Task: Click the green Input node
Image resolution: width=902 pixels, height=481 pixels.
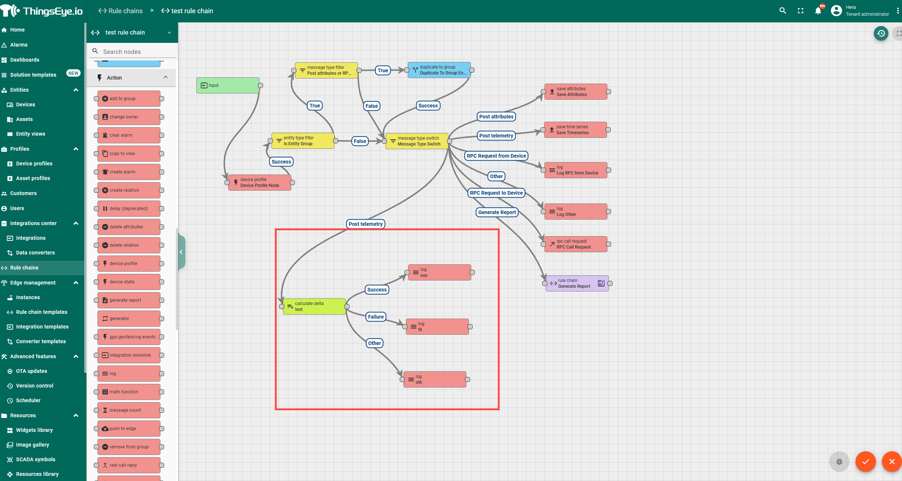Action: click(x=228, y=85)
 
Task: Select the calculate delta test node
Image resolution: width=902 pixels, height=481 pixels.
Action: click(x=314, y=306)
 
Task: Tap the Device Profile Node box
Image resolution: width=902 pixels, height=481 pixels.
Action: click(x=259, y=183)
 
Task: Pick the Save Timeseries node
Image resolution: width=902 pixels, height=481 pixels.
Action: click(x=575, y=130)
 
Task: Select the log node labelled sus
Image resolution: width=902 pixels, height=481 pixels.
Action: click(x=439, y=272)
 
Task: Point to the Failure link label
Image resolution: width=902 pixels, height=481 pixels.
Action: click(x=376, y=317)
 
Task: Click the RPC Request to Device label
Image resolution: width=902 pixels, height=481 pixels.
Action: click(x=496, y=193)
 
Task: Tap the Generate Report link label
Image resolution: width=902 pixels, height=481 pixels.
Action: click(x=497, y=212)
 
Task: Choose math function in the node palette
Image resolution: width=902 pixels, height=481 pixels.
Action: click(x=129, y=392)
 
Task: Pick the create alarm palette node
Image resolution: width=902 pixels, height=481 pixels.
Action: click(x=129, y=172)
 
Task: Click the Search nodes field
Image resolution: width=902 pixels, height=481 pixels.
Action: click(x=136, y=52)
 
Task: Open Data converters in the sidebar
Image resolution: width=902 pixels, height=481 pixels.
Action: click(x=35, y=253)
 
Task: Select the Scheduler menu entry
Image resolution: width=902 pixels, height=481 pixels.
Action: click(x=28, y=400)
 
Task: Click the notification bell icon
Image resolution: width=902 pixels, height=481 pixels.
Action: click(x=818, y=11)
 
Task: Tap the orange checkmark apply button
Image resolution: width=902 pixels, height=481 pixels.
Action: click(x=865, y=462)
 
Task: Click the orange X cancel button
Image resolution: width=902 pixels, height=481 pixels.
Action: click(x=892, y=462)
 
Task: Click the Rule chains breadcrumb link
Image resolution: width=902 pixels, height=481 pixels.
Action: click(x=121, y=11)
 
